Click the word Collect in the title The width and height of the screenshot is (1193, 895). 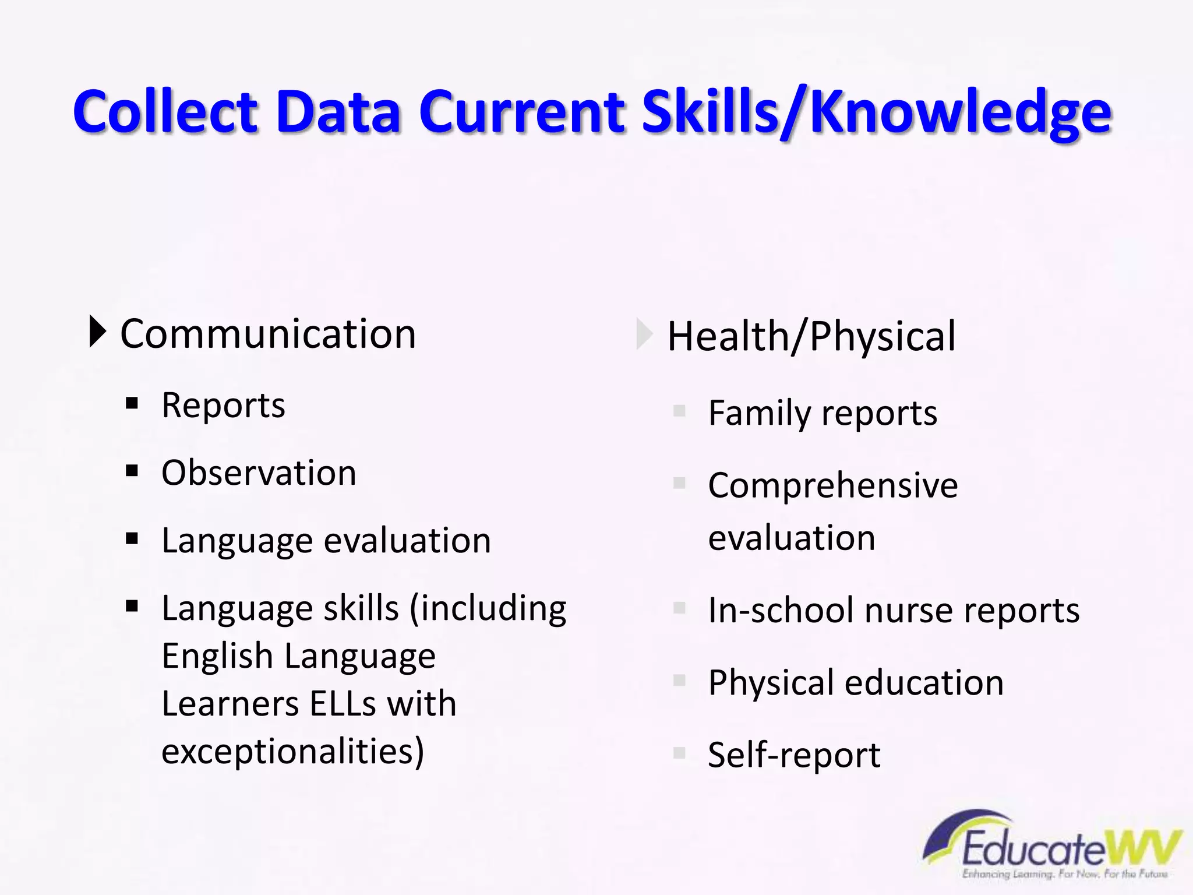point(165,112)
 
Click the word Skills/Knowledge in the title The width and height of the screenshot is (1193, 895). point(877,112)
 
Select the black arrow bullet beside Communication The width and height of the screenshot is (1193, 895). point(98,332)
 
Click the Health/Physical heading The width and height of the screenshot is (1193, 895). point(811,336)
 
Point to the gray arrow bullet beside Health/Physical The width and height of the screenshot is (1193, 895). point(644,334)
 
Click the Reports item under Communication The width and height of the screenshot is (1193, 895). point(224,406)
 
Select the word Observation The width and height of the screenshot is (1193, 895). point(259,473)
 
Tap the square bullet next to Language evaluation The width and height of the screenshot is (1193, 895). point(132,538)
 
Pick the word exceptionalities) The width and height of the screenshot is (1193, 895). point(293,752)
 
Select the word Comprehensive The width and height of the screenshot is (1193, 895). point(832,485)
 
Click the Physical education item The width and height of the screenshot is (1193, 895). point(856,682)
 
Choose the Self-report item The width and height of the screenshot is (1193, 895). point(794,755)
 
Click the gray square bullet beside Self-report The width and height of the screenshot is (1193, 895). point(679,752)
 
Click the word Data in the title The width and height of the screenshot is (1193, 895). point(338,112)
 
